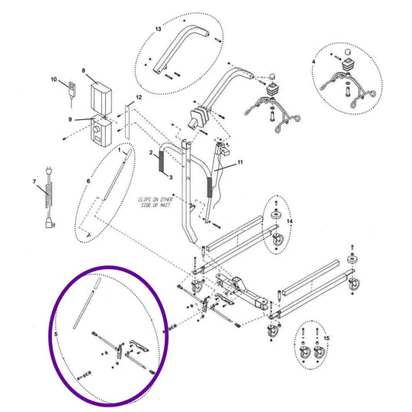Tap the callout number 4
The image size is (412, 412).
click(313, 60)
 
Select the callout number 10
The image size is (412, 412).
click(54, 79)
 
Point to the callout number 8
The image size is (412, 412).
click(83, 70)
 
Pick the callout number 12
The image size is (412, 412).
click(138, 97)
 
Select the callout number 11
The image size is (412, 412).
click(240, 163)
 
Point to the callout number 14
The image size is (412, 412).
click(290, 221)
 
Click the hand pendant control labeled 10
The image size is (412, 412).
click(71, 89)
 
